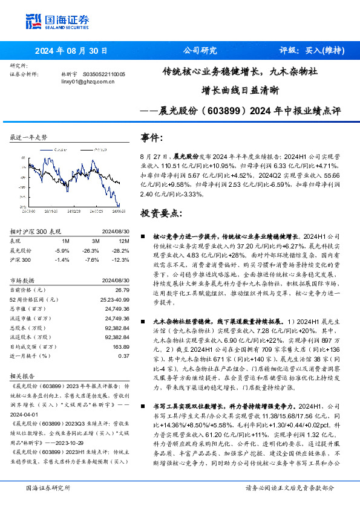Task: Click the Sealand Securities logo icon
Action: click(x=33, y=19)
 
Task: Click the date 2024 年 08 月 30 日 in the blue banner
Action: click(x=70, y=51)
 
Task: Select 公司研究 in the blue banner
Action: click(x=200, y=51)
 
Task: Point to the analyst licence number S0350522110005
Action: click(x=103, y=74)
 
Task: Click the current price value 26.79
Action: click(x=122, y=290)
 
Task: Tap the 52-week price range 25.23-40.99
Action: click(x=114, y=299)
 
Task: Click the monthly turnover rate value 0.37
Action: click(x=123, y=355)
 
